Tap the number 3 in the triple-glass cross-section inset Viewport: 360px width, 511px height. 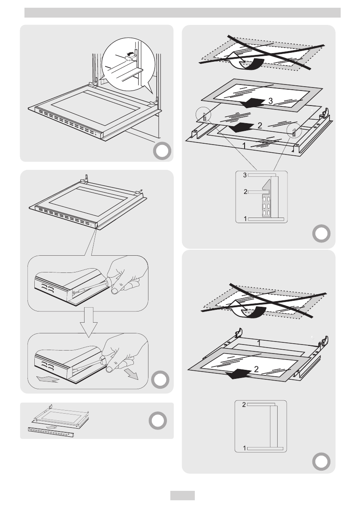tap(245, 175)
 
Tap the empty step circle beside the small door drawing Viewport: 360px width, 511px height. tap(159, 421)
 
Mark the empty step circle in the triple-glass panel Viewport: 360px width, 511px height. tap(321, 233)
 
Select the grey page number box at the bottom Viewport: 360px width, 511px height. tap(182, 496)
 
